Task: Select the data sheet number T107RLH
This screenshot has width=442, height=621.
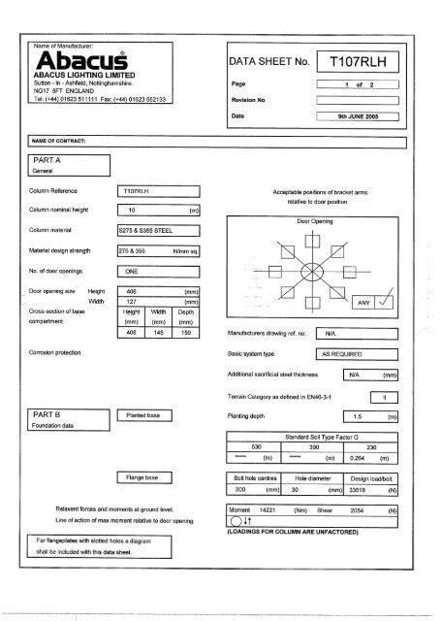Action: pyautogui.click(x=359, y=62)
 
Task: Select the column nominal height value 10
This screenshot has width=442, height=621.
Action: pyautogui.click(x=131, y=210)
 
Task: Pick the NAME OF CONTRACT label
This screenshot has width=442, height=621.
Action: pyautogui.click(x=60, y=141)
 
